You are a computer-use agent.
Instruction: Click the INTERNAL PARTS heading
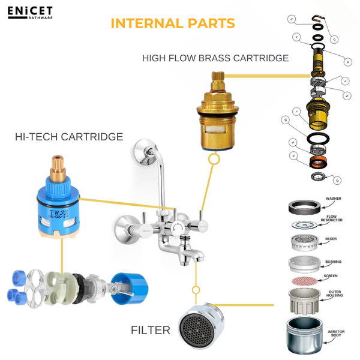173,23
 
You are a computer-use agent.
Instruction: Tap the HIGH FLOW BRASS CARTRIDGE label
215,58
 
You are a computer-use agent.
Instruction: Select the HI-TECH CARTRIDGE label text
68,137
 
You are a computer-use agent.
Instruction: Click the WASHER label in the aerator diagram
333,199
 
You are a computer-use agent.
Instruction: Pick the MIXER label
331,239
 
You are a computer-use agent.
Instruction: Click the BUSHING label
333,262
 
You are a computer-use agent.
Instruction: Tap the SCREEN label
331,276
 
